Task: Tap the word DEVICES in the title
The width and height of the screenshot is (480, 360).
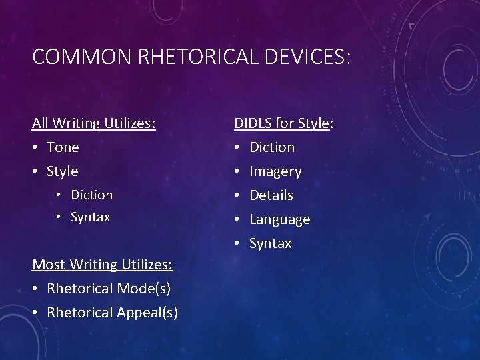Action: coord(306,57)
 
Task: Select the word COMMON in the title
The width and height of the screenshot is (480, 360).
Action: coord(82,57)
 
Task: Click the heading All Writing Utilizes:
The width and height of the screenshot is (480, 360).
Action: coord(94,123)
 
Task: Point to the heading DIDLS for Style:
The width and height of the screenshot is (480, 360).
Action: coord(284,123)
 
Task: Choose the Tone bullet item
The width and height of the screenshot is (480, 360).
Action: coord(63,147)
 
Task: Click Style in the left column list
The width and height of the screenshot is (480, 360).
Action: coord(63,171)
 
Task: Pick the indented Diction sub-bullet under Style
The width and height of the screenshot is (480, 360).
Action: coord(92,195)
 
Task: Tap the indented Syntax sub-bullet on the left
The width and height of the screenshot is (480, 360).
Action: coord(91,217)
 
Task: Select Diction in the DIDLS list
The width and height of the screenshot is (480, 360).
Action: coord(272,147)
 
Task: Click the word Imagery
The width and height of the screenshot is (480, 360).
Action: coord(275,171)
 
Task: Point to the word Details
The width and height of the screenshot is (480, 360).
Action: coord(271,195)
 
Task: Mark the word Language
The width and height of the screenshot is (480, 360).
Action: coord(280,219)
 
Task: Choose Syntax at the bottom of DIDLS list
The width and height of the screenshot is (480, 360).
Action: coord(271,243)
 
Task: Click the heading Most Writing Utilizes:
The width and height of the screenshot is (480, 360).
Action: coord(103,265)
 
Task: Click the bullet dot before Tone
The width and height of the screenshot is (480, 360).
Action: coord(36,147)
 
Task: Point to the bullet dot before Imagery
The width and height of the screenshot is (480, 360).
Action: coord(238,171)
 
